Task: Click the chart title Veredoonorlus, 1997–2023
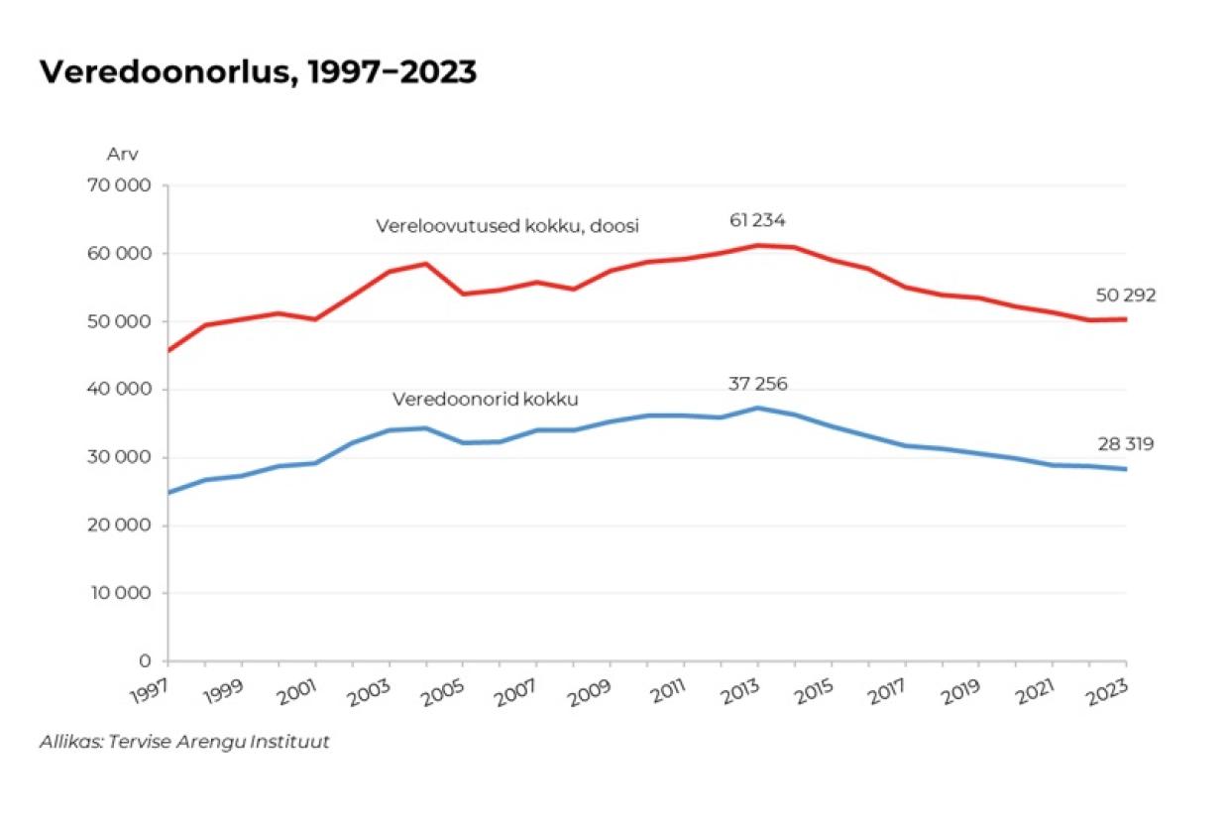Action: point(258,72)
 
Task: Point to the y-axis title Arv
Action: point(122,155)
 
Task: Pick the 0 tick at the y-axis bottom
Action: point(145,660)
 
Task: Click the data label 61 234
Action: point(757,220)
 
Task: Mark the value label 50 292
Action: point(1126,295)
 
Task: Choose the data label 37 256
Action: point(758,384)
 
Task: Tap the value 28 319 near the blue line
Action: point(1126,444)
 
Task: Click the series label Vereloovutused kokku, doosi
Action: point(506,226)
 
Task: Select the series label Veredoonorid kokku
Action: point(485,400)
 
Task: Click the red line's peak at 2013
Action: point(758,245)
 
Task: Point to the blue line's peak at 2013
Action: point(758,408)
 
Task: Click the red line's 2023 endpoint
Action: point(1126,319)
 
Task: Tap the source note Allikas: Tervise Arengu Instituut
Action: point(184,742)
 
